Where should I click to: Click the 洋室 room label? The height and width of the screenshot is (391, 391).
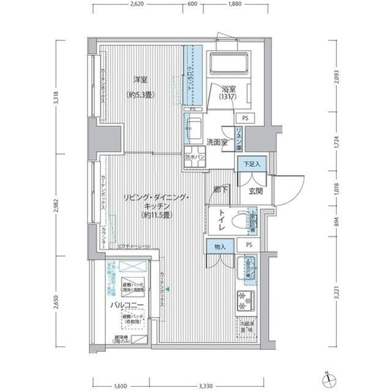(140, 79)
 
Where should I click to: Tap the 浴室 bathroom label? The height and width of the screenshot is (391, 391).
(228, 87)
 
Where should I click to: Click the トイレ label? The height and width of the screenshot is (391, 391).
(220, 221)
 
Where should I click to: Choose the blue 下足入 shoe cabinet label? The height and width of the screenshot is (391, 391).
(249, 164)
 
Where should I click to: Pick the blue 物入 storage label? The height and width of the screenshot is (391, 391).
(220, 247)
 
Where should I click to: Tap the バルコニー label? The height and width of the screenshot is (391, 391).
(127, 304)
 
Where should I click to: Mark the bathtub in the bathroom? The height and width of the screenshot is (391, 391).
(228, 64)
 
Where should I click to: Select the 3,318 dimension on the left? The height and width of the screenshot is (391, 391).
(56, 97)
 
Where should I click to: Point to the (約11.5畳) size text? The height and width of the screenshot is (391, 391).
(157, 215)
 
